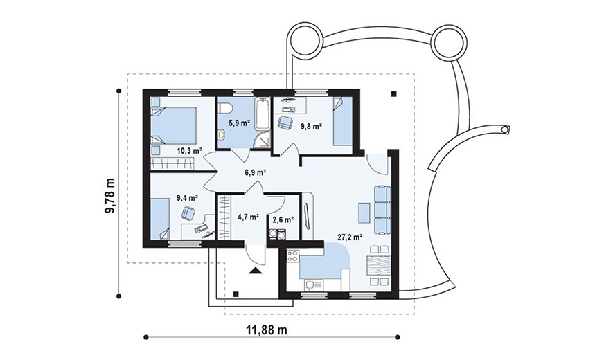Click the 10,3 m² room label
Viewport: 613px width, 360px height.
click(x=190, y=150)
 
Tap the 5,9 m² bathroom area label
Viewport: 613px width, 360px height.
click(x=239, y=123)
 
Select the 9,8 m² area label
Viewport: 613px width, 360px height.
click(x=311, y=126)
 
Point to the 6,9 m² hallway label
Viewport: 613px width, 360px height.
click(x=256, y=172)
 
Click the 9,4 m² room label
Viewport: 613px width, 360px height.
click(x=187, y=198)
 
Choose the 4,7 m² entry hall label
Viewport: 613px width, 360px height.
click(x=249, y=217)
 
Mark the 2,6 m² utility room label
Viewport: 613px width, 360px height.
click(x=283, y=219)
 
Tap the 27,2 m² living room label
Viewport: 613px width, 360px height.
click(x=350, y=237)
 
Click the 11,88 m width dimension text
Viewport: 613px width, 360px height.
click(x=267, y=330)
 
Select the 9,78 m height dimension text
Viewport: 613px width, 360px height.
click(x=110, y=195)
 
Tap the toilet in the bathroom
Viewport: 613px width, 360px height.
click(x=226, y=108)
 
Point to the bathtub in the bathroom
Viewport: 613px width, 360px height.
click(x=262, y=114)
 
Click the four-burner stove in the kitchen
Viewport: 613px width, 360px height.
click(x=293, y=256)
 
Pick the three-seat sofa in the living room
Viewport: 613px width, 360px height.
click(x=382, y=210)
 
